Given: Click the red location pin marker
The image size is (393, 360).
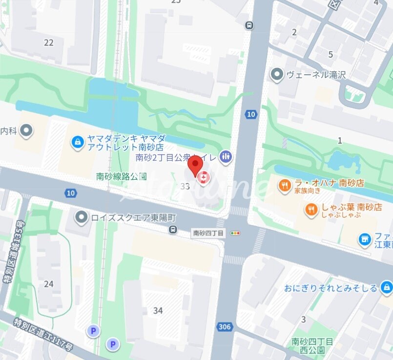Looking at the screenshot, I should (195, 165).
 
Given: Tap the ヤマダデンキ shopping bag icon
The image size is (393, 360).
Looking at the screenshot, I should (77, 142).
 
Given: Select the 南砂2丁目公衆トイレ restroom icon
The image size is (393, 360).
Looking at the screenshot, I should (226, 156).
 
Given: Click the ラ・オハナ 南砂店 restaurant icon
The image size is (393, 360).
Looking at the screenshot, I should (285, 185).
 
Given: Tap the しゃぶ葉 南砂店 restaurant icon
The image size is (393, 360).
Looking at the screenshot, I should (311, 210).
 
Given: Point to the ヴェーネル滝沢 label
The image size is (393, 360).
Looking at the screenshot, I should (316, 75).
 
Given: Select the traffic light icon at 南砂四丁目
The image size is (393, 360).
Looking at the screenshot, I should (236, 233).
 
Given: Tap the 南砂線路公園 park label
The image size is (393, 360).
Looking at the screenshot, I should (122, 176).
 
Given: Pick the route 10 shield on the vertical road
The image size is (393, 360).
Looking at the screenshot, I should (250, 114).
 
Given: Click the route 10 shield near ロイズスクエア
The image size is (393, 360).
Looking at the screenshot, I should (71, 193).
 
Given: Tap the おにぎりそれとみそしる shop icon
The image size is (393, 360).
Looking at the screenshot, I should (387, 287).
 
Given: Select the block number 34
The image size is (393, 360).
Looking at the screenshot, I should (158, 310).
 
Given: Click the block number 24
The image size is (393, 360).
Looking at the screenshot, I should (48, 284).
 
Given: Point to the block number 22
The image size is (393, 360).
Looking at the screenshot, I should (48, 42).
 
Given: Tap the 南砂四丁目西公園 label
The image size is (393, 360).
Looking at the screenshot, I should (312, 345).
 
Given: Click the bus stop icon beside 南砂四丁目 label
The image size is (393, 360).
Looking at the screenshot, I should (173, 230).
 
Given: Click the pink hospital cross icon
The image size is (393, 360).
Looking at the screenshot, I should (203, 178).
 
